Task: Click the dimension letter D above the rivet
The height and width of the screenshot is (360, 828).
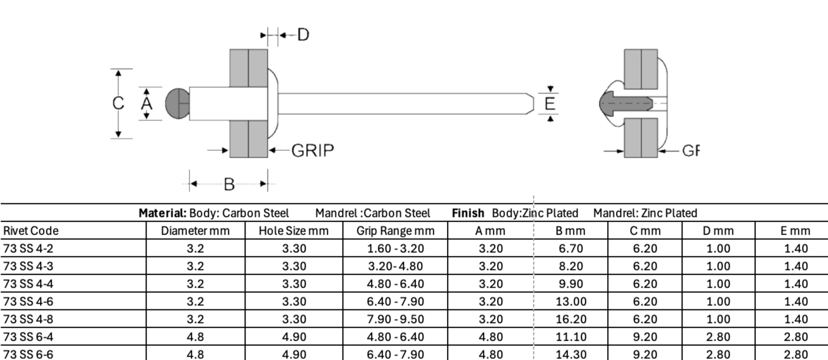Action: point(303,35)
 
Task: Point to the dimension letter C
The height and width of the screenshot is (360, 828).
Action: point(118,103)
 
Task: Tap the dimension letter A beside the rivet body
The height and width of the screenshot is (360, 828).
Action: point(147,104)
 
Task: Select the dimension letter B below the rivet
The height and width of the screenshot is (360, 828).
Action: point(229,184)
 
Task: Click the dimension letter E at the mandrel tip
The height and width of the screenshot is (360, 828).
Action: point(550,104)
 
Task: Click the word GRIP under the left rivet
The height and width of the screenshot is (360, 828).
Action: point(313,151)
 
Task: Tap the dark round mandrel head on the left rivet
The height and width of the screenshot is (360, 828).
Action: point(177,104)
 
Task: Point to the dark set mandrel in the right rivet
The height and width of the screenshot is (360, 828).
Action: point(625,103)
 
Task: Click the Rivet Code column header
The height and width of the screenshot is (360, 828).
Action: point(31,231)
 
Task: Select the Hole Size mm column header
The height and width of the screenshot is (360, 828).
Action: point(293,231)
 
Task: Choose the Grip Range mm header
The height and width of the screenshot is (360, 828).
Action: point(395,231)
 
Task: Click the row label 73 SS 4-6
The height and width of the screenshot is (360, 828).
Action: point(28,302)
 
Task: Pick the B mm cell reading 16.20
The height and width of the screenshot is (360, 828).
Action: point(571,319)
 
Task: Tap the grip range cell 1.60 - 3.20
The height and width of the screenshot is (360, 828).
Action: point(395,248)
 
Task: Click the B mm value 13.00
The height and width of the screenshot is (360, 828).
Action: point(571,302)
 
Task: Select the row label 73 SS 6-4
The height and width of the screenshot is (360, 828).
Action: point(28,336)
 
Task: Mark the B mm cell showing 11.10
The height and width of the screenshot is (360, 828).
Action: point(571,336)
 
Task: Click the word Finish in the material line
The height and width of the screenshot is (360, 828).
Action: point(468,213)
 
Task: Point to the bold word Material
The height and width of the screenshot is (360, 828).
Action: point(163,213)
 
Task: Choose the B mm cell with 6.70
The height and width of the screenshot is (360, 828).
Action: point(571,248)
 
